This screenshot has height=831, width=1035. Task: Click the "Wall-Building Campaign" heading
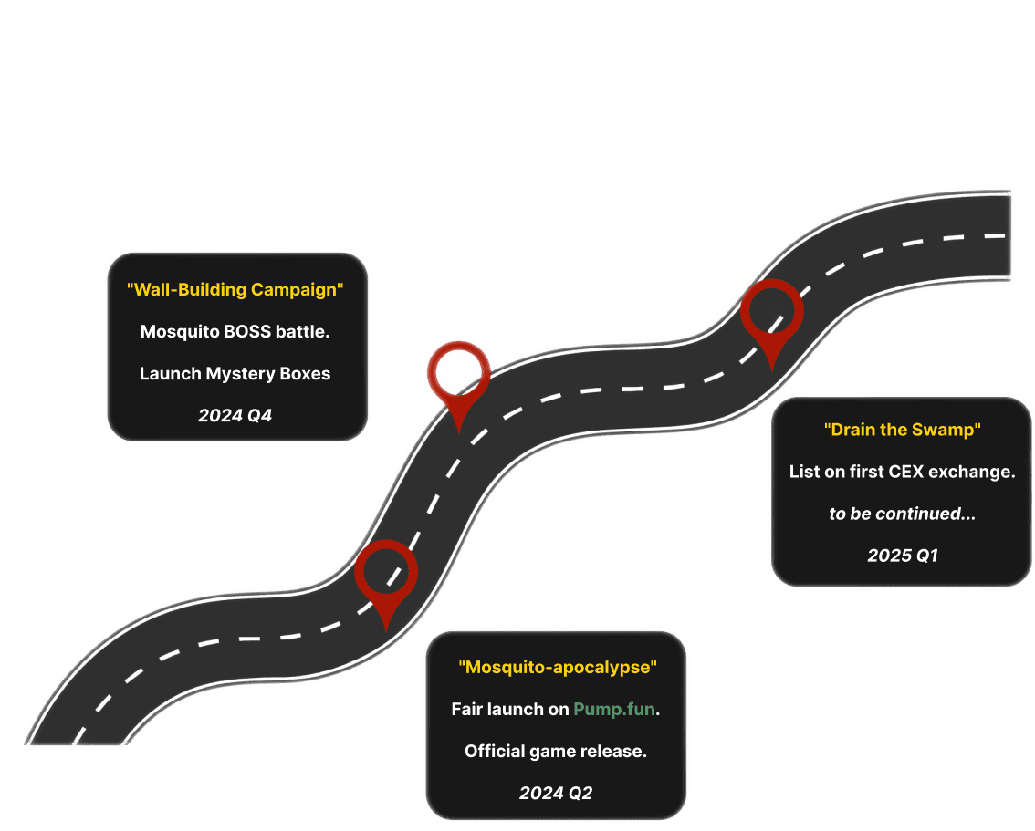pos(235,289)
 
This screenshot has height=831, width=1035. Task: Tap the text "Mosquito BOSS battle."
pos(235,331)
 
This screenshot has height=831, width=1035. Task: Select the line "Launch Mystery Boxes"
pos(235,373)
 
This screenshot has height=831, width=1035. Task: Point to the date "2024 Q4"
pos(235,416)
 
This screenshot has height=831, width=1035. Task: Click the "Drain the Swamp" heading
pos(903,430)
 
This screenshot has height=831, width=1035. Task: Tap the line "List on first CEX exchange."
pos(903,472)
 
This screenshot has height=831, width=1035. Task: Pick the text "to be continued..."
pos(903,514)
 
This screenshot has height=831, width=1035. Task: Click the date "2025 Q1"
pos(903,556)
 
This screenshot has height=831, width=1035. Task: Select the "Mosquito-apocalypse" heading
pos(558,667)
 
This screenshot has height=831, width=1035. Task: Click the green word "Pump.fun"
pos(614,709)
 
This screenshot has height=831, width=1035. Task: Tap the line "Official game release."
pos(556,752)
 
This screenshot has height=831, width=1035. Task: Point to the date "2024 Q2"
pos(556,793)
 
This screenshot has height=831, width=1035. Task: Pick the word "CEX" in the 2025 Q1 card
pos(906,472)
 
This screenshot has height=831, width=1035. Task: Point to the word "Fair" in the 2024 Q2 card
pos(466,709)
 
